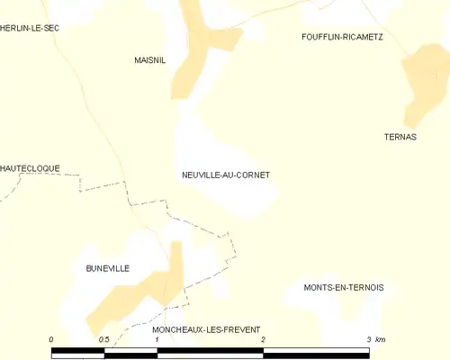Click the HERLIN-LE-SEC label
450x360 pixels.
30,29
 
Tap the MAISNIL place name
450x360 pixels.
149,60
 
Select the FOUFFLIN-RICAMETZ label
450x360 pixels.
342,37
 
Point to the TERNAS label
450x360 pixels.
400,137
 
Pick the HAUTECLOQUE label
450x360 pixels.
30,167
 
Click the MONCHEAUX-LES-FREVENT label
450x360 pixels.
200,330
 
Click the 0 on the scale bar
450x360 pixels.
51,339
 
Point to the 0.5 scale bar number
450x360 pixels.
103,339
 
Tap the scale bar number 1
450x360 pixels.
157,339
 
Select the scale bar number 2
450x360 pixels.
263,339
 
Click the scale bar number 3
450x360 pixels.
369,339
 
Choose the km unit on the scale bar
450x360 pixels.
381,339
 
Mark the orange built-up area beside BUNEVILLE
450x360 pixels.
144,292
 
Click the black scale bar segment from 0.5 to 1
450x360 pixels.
130,351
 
